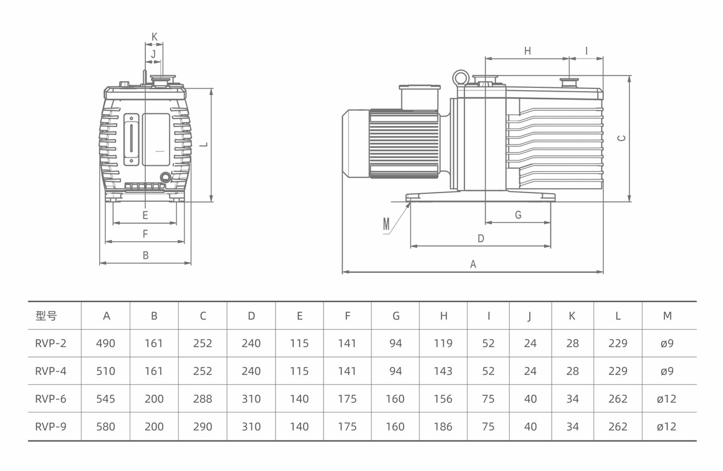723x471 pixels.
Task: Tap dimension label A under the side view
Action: pos(473,264)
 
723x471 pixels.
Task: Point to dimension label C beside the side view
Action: pos(621,138)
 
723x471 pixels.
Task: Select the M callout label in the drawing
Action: pos(386,224)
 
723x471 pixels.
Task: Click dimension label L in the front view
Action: pos(203,144)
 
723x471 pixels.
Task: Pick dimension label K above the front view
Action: pos(155,37)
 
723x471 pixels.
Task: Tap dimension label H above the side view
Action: pos(527,51)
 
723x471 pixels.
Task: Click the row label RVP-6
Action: pos(50,399)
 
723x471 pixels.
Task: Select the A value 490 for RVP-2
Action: pos(106,343)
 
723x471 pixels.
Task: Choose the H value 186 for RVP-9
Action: pos(443,427)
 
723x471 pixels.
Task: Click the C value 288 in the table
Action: pos(203,399)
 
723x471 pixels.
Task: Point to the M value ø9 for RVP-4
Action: pos(667,371)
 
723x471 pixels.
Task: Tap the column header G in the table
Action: pos(396,316)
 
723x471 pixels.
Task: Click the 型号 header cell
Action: pos(46,316)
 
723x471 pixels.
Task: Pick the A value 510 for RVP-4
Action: pos(106,371)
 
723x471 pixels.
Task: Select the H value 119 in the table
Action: pos(443,343)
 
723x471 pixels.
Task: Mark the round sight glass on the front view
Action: pos(165,178)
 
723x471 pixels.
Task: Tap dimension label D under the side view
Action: pos(481,239)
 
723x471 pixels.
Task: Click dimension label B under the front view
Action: pos(146,255)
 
